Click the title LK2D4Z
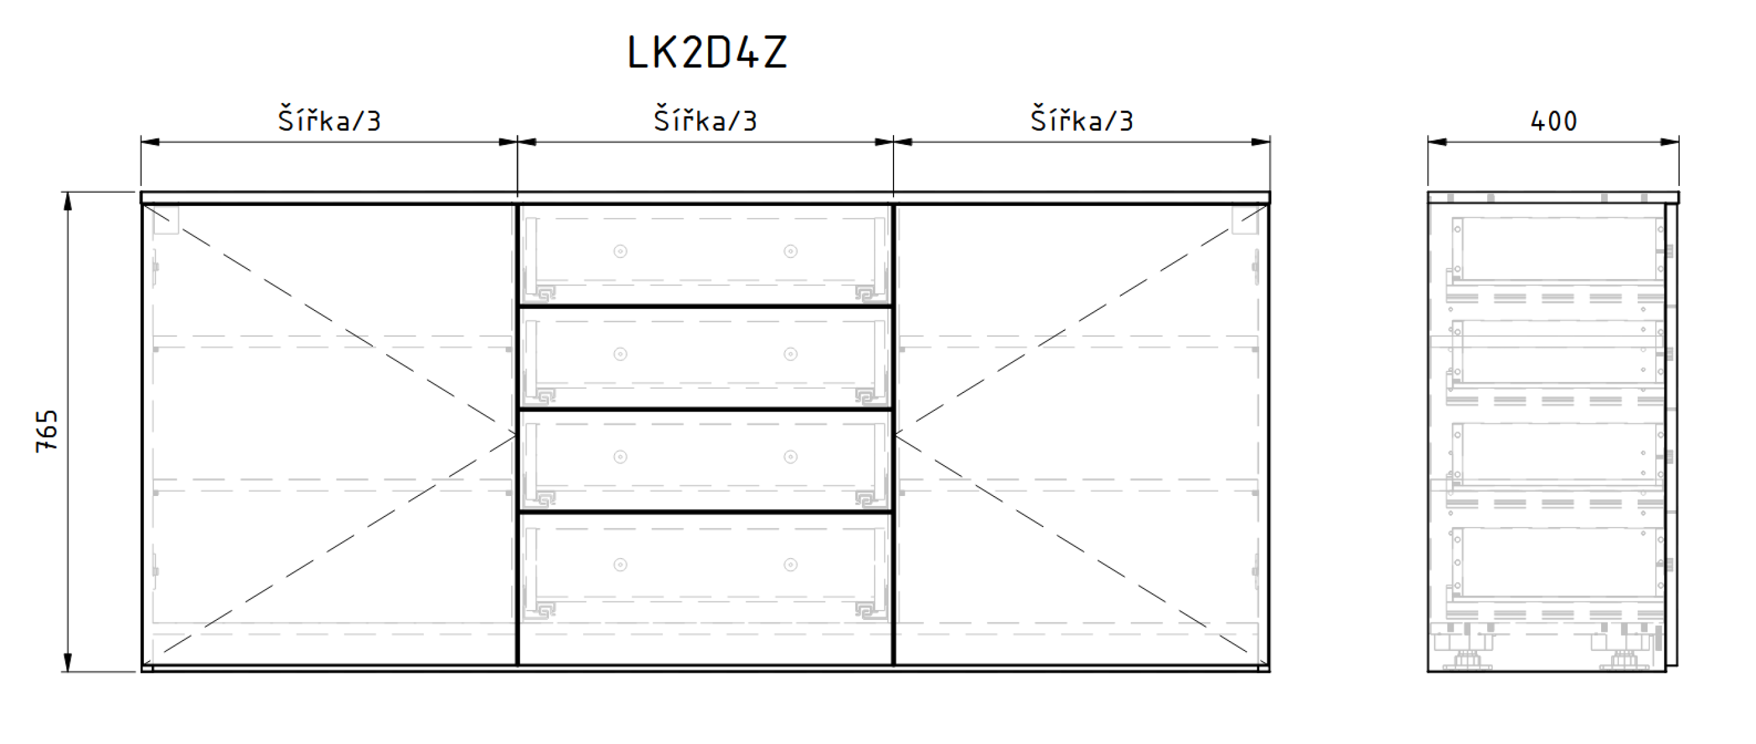coord(707,53)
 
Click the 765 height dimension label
coord(47,431)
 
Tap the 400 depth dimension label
coord(1553,122)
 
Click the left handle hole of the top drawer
coord(620,252)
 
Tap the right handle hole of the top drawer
coord(791,252)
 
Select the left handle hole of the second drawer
coord(620,354)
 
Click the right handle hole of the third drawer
coord(791,457)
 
